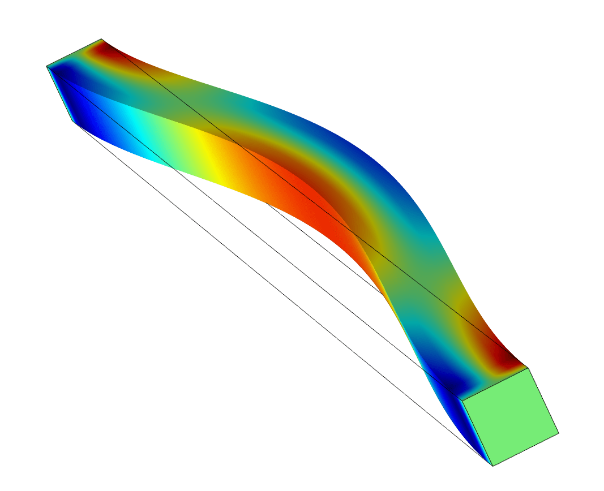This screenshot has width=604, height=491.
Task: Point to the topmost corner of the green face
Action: coord(529,368)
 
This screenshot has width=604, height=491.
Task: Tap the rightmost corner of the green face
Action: coord(559,433)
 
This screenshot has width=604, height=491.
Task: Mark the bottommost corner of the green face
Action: coord(492,466)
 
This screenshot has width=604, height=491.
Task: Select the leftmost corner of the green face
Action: coord(462,400)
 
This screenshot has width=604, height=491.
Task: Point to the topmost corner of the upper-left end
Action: coord(101,39)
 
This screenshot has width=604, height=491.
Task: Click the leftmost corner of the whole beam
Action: coord(46,67)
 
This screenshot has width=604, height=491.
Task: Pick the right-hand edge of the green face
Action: coord(544,401)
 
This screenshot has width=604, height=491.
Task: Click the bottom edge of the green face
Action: coord(526,450)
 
